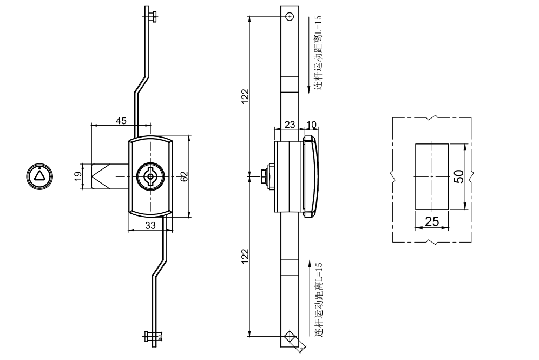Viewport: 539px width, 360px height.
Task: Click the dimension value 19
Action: pyautogui.click(x=77, y=176)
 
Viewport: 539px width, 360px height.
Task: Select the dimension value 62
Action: pyautogui.click(x=184, y=176)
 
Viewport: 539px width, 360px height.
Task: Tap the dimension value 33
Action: pyautogui.click(x=150, y=226)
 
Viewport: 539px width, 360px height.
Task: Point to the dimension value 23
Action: pyautogui.click(x=290, y=125)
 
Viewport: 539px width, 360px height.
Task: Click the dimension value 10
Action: pyautogui.click(x=311, y=125)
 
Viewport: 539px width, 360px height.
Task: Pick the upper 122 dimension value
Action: pyautogui.click(x=245, y=96)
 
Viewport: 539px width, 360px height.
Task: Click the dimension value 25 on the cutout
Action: pyautogui.click(x=432, y=221)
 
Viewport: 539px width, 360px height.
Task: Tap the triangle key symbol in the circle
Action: pyautogui.click(x=39, y=175)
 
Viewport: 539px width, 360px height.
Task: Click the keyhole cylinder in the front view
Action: pyautogui.click(x=150, y=176)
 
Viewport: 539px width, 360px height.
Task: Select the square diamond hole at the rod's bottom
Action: pyautogui.click(x=290, y=336)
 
